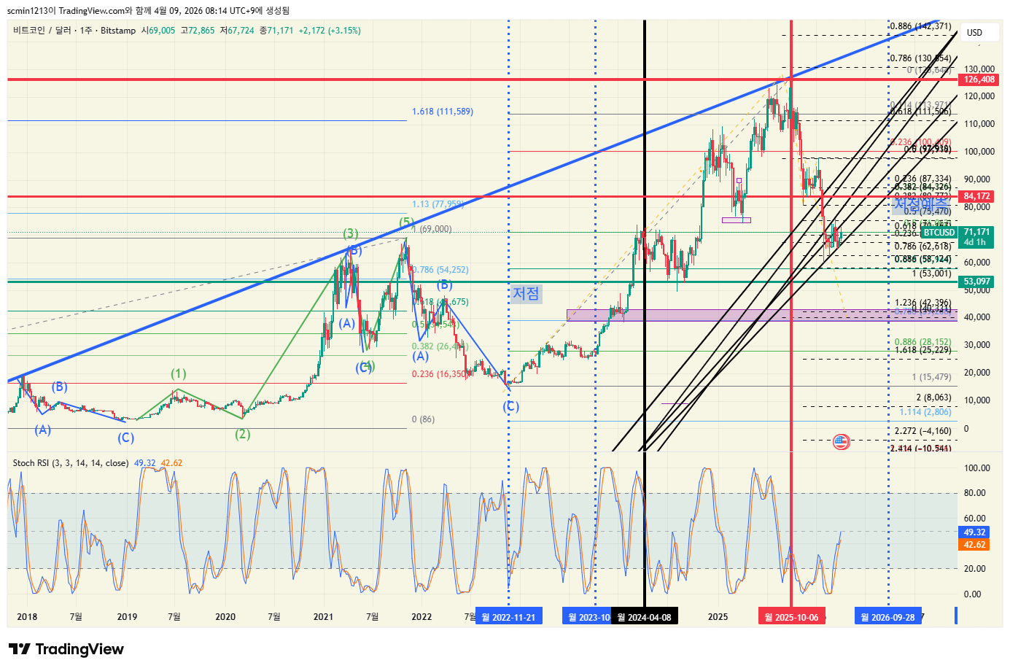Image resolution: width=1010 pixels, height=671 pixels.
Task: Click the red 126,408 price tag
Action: [979, 79]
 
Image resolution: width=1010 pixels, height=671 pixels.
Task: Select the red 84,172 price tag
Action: [977, 196]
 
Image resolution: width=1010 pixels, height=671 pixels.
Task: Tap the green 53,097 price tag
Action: [977, 282]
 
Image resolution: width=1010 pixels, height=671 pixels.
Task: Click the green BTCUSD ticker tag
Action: [939, 233]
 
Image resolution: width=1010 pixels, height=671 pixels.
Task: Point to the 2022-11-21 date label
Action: [508, 617]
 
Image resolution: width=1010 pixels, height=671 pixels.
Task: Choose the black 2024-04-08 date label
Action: [644, 617]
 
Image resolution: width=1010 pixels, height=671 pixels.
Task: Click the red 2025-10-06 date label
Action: [791, 617]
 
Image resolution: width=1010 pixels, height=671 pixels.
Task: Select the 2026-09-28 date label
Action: [887, 617]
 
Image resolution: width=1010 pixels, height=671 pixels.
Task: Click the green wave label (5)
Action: [406, 222]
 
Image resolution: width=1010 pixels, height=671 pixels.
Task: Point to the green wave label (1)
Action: [179, 373]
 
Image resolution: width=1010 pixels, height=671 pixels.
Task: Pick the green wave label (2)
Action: [243, 434]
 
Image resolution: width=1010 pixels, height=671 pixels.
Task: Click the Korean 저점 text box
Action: [526, 293]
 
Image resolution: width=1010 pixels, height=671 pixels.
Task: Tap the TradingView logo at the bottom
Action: [66, 649]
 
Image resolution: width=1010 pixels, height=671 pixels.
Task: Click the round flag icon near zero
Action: [841, 441]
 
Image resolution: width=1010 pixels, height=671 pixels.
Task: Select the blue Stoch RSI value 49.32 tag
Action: [975, 532]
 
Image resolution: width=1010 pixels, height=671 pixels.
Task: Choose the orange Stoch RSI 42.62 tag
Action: [975, 545]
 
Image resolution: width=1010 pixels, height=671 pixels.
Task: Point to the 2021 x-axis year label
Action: [323, 617]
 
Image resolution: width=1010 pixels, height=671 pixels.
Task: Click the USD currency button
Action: [974, 32]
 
